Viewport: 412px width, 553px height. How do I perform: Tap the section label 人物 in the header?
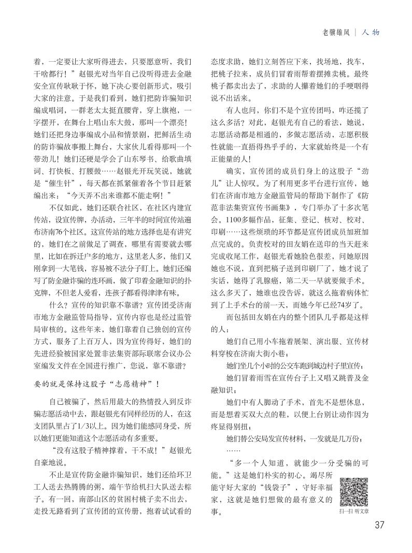pyautogui.click(x=371, y=32)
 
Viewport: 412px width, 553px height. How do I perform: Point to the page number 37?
pyautogui.click(x=379, y=524)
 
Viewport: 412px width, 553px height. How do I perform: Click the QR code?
pyautogui.click(x=354, y=491)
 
